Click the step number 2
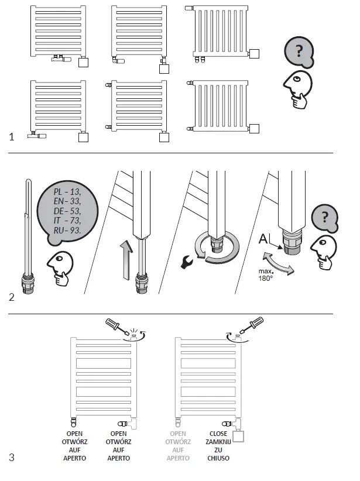(x=12, y=297)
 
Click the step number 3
(x=12, y=457)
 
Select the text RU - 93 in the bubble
(x=66, y=231)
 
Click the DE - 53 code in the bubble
(x=66, y=212)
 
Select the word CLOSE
(x=218, y=434)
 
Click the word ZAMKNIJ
(x=218, y=442)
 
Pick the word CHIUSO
(x=218, y=458)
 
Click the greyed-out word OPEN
(x=178, y=434)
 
